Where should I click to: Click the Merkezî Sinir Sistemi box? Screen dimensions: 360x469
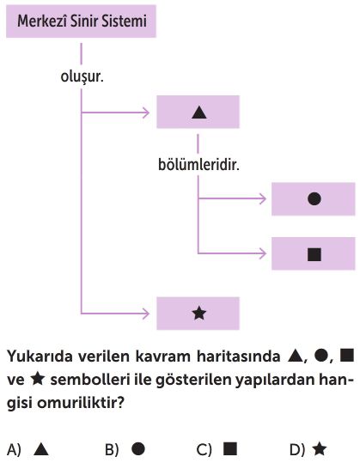(x=81, y=21)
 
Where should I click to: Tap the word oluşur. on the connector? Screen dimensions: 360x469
(x=82, y=76)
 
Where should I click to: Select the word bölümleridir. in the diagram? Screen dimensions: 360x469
(x=198, y=164)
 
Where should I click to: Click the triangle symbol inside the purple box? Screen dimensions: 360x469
(x=199, y=113)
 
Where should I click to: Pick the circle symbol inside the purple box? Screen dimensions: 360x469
(x=314, y=198)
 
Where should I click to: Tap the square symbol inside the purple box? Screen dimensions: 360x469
(x=314, y=254)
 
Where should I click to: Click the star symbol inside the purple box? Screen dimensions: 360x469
(x=199, y=314)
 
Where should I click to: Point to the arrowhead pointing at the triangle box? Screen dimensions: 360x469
(x=146, y=113)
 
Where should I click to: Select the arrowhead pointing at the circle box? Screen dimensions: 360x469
(x=263, y=198)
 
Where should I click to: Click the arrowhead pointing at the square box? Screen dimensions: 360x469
(x=263, y=253)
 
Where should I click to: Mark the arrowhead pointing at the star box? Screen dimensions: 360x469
(x=146, y=314)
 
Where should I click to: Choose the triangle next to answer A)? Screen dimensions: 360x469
(x=41, y=449)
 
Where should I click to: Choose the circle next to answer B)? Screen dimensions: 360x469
(x=138, y=448)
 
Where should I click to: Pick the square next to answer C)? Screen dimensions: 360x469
(x=230, y=448)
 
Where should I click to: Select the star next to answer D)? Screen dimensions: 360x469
(x=320, y=449)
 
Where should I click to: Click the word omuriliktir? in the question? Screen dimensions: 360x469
(x=81, y=404)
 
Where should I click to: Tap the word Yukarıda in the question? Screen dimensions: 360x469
(x=40, y=356)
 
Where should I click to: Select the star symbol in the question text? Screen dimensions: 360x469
(x=38, y=380)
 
